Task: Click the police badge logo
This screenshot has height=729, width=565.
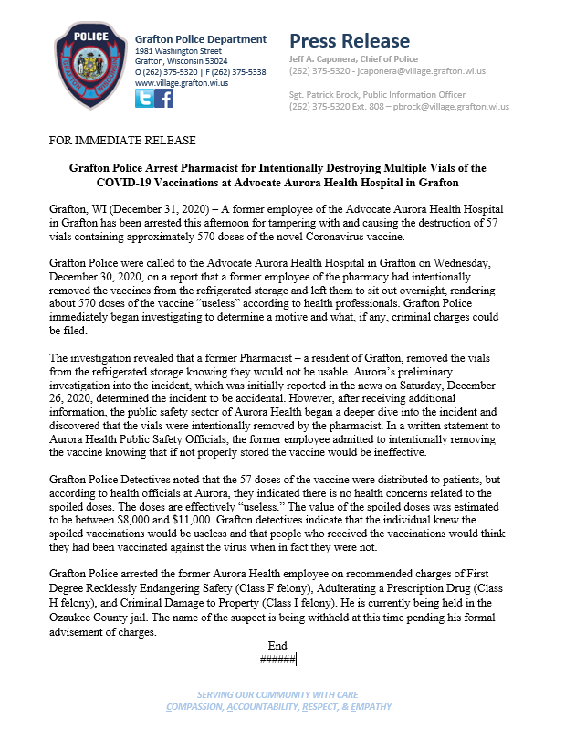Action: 87,66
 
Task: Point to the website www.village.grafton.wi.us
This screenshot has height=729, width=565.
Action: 182,82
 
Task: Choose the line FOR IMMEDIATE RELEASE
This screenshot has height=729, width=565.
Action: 123,141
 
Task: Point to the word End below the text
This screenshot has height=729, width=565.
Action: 277,644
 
